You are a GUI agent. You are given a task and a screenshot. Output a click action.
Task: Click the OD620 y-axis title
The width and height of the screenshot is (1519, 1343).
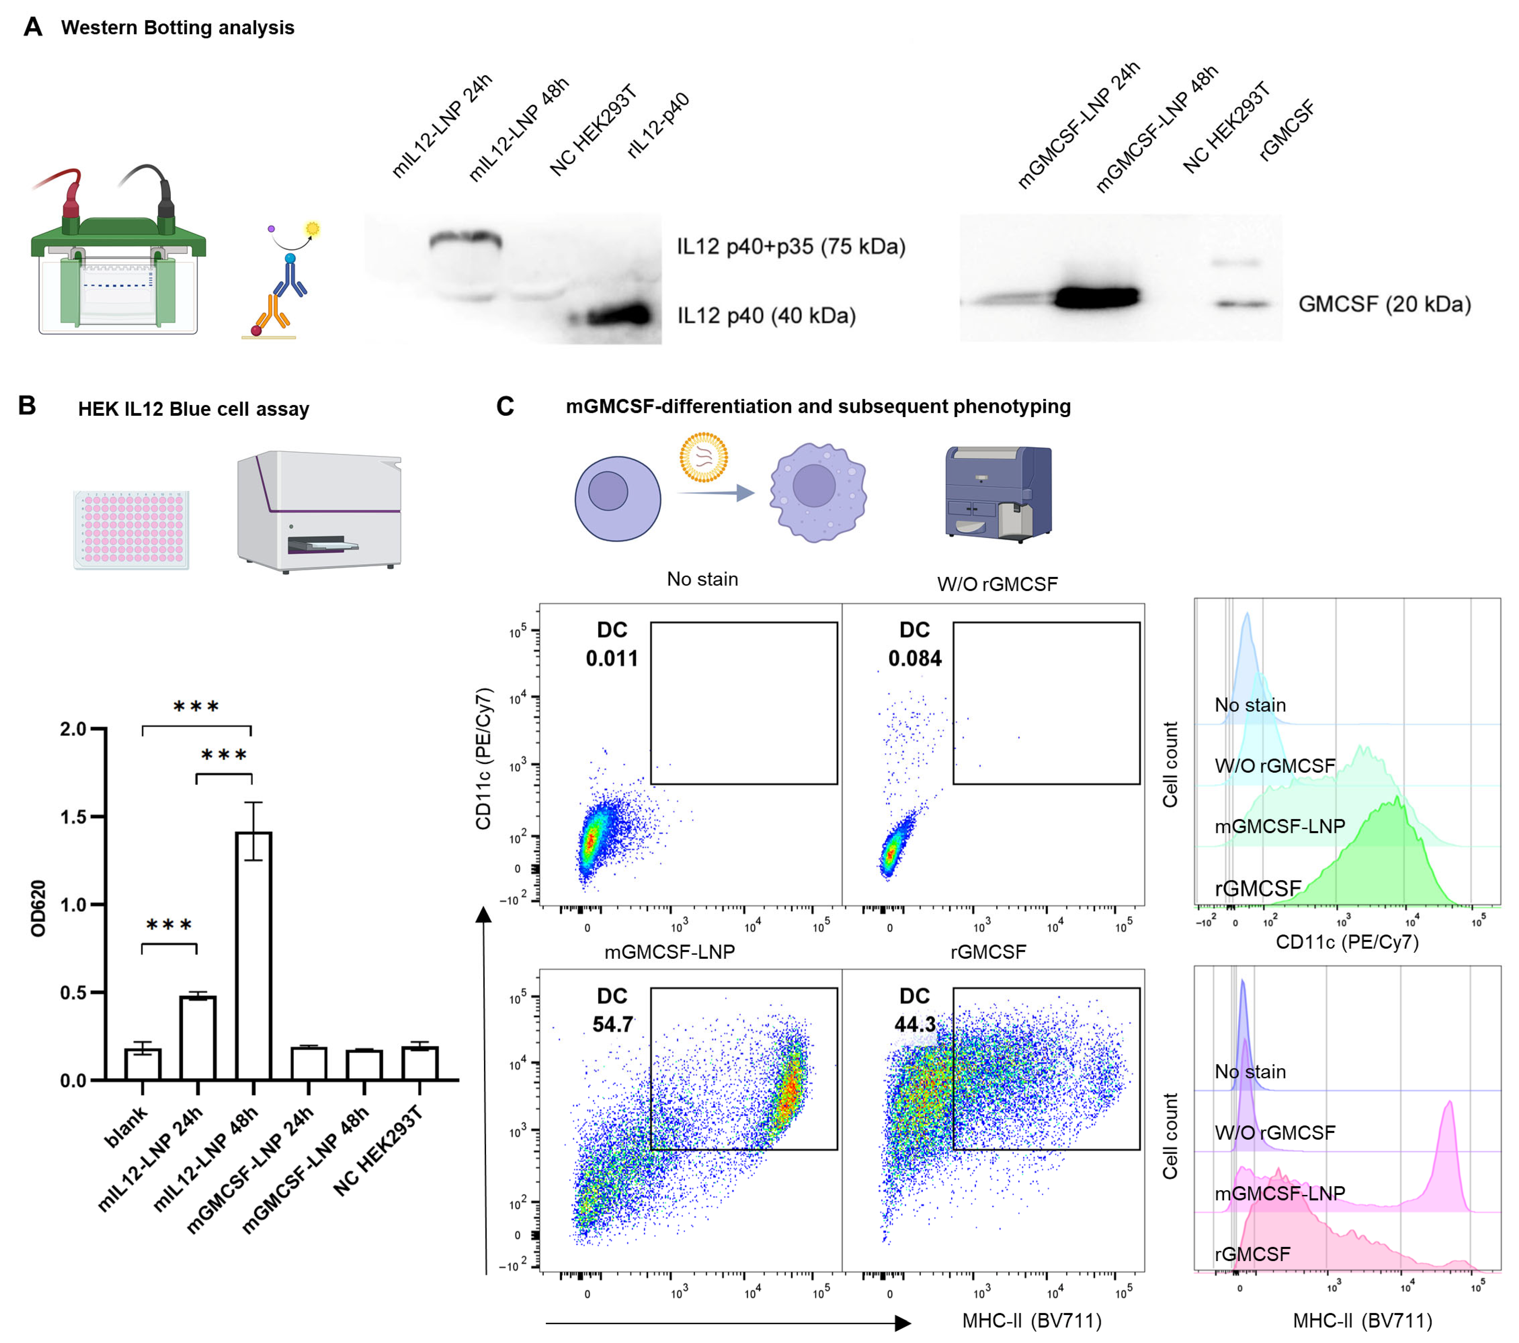coord(39,908)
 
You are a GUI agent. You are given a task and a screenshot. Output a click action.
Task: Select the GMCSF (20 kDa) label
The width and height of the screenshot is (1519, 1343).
coord(1384,304)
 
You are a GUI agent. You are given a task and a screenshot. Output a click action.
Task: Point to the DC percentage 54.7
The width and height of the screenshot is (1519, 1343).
coord(612,1024)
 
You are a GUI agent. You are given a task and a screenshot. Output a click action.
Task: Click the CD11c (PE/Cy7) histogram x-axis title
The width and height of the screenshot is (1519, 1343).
coord(1346,942)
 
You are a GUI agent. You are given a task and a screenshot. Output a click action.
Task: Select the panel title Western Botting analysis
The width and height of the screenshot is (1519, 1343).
coord(178,28)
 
